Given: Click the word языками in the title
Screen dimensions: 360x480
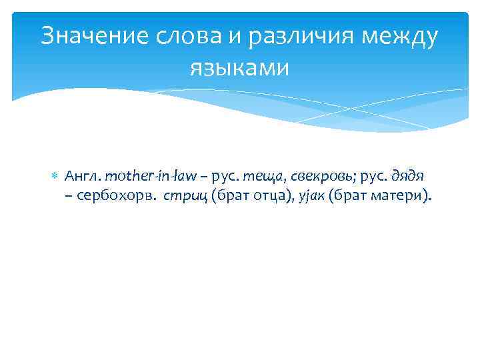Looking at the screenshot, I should point(239,67).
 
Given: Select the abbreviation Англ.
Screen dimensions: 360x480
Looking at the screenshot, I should point(82,176).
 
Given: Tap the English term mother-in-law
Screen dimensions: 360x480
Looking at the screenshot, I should point(151,176).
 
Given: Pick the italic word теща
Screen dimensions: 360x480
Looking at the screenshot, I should point(261,176).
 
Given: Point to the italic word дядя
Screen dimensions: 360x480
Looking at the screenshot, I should point(407,176).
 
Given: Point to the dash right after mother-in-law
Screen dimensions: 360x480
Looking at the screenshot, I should point(203,176).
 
